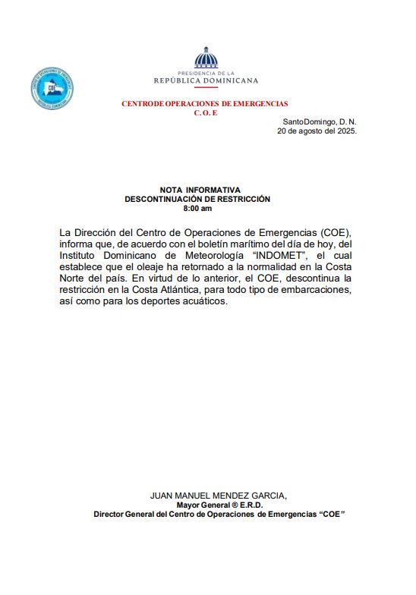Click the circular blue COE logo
[52, 89]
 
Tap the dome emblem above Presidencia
[206, 58]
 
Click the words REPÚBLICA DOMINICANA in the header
[206, 80]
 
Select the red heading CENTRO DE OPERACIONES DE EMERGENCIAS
[205, 103]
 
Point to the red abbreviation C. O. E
[205, 112]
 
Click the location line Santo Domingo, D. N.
[319, 121]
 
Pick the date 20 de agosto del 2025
[317, 131]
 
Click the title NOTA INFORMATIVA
[200, 190]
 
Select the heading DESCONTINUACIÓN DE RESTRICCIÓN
[197, 199]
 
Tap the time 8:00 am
[197, 208]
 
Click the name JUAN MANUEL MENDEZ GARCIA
[218, 496]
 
